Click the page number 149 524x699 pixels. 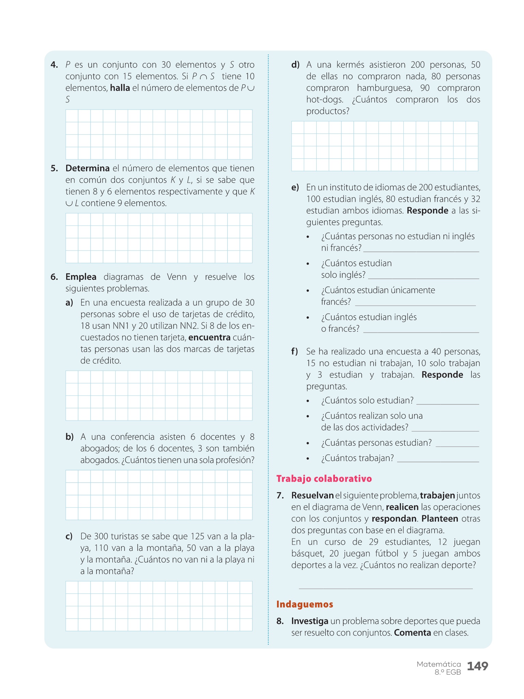coord(477,666)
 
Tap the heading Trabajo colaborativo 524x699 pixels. coord(324,479)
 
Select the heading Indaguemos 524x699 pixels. coord(304,604)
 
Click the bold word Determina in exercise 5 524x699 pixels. coord(87,168)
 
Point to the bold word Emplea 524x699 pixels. coord(81,277)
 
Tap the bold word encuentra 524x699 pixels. coord(209,338)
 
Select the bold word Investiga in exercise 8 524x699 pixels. coord(309,621)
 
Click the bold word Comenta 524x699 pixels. coord(412,633)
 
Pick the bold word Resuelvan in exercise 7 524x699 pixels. coord(312,496)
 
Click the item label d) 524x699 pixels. coord(295,65)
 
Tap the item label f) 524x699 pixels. coord(294,352)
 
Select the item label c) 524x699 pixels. coord(69,537)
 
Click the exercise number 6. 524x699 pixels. coord(54,277)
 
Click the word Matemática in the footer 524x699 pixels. coord(438,664)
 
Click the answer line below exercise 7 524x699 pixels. coord(385,588)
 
